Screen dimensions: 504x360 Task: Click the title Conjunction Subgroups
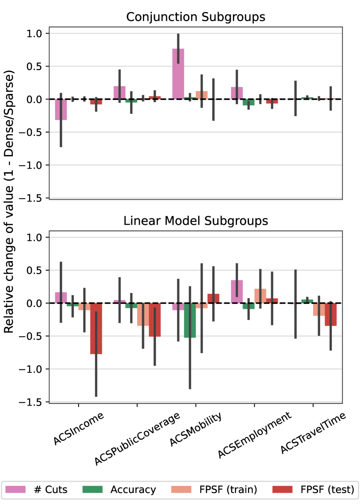[196, 17]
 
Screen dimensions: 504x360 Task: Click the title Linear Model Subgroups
[196, 221]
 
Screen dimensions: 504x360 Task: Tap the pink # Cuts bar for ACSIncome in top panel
[61, 110]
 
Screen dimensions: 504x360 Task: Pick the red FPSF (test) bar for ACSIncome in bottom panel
[96, 328]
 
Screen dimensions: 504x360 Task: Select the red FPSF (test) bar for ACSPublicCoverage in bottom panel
[155, 320]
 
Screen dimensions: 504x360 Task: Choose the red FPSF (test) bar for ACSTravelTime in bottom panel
[331, 314]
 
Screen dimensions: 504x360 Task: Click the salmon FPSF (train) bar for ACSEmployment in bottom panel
[260, 296]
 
